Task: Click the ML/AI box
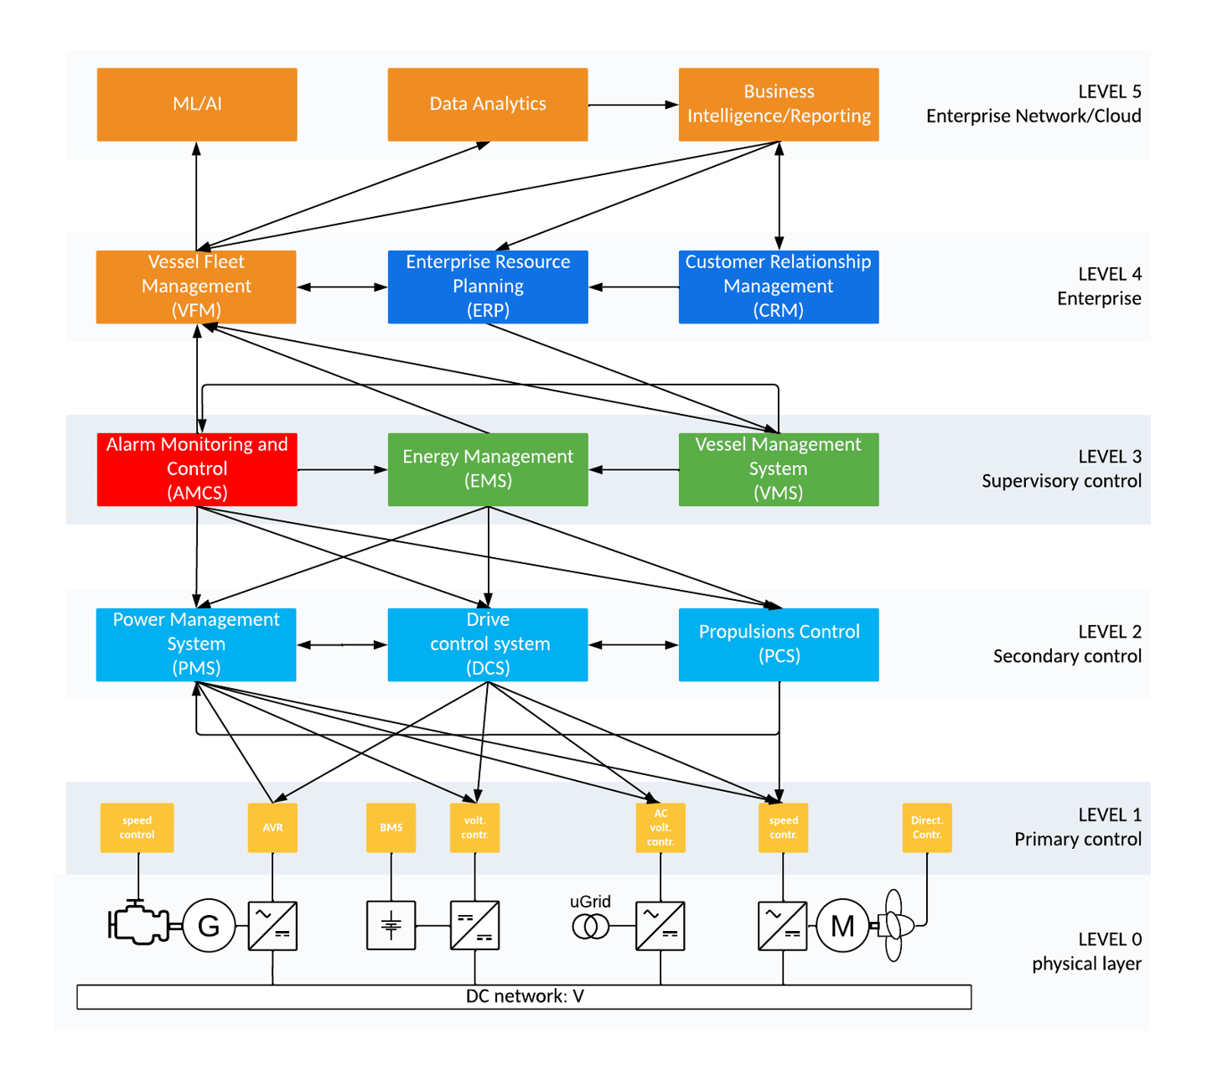(197, 105)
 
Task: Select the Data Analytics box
(487, 105)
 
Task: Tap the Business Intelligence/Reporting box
(778, 105)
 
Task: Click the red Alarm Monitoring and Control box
(197, 469)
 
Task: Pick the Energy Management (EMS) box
(487, 469)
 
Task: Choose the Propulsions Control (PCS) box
(778, 644)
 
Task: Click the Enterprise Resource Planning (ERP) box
(487, 287)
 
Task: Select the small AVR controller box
(272, 828)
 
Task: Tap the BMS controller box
(391, 828)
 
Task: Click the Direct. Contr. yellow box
(926, 828)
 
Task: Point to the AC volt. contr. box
(660, 828)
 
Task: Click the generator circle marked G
(208, 926)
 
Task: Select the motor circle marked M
(842, 926)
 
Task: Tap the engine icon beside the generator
(138, 924)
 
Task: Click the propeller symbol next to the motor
(895, 926)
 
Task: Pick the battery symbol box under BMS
(391, 926)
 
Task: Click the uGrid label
(590, 902)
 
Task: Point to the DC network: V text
(525, 996)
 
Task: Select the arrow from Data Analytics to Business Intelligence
(633, 105)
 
